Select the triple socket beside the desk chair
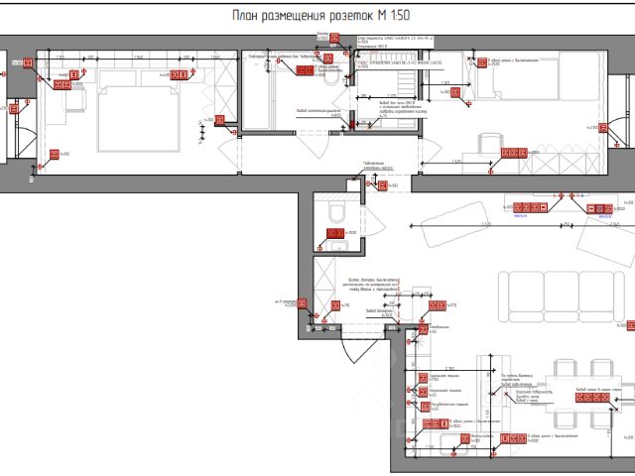point(515,153)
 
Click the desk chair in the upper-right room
point(492,145)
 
